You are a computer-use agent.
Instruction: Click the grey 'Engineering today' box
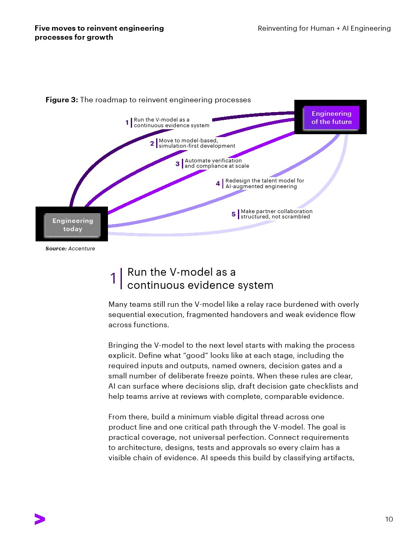coord(72,225)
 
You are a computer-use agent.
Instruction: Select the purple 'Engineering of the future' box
coord(332,117)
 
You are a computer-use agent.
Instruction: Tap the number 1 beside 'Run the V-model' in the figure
coord(127,122)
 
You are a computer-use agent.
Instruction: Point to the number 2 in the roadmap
coord(152,144)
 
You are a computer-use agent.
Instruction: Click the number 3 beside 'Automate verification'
coord(177,164)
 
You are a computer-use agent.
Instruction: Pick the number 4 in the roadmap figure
coord(218,184)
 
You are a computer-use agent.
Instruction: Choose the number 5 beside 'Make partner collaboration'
coord(233,214)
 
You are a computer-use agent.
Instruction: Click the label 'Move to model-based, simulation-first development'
coord(197,143)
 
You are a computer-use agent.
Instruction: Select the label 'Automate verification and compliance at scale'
coord(217,163)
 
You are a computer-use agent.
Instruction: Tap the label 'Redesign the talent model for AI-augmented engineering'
coord(265,183)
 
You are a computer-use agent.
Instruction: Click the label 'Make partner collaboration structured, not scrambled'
coord(276,214)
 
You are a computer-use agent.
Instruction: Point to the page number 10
coord(389,519)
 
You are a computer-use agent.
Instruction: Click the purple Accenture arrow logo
coord(40,519)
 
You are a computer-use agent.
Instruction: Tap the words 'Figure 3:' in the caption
coord(62,100)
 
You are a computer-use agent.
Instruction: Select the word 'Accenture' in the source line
coord(81,248)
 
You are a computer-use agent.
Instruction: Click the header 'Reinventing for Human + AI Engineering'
coord(324,28)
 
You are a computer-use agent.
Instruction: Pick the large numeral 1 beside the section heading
coord(113,278)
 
